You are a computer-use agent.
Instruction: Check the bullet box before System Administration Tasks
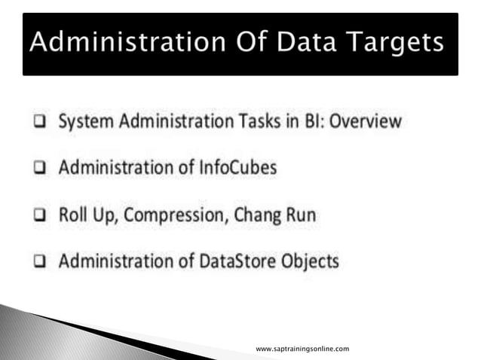tap(37, 122)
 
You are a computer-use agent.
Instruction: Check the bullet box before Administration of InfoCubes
tap(37, 169)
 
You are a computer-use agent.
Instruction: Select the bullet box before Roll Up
tap(37, 215)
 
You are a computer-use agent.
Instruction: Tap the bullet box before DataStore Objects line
tap(37, 262)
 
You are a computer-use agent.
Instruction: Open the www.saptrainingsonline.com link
tap(302, 349)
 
